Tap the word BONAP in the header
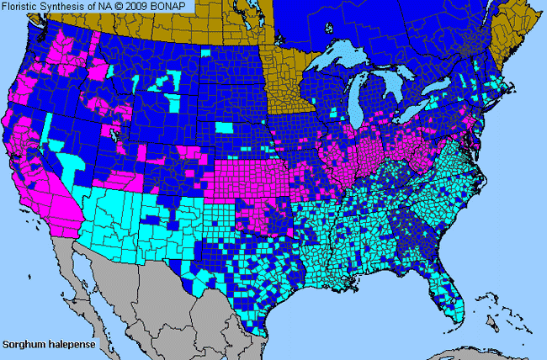pos(178,7)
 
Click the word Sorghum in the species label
pos(23,345)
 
